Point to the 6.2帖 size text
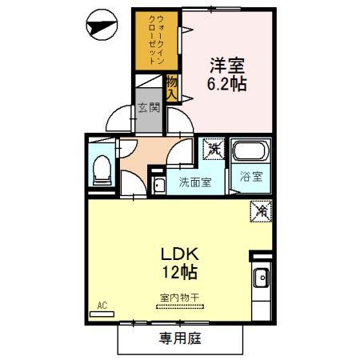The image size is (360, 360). [x=226, y=82]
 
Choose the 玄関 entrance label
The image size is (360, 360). [x=149, y=107]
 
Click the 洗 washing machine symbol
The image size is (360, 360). [x=214, y=148]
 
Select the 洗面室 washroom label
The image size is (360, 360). [x=194, y=182]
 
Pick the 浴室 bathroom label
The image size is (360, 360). [x=250, y=177]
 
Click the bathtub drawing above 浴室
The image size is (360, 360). [x=250, y=151]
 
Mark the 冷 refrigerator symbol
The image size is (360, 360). [x=262, y=211]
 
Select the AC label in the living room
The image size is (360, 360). [x=102, y=305]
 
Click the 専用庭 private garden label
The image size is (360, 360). [x=179, y=338]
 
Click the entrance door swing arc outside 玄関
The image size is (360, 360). [x=119, y=118]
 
